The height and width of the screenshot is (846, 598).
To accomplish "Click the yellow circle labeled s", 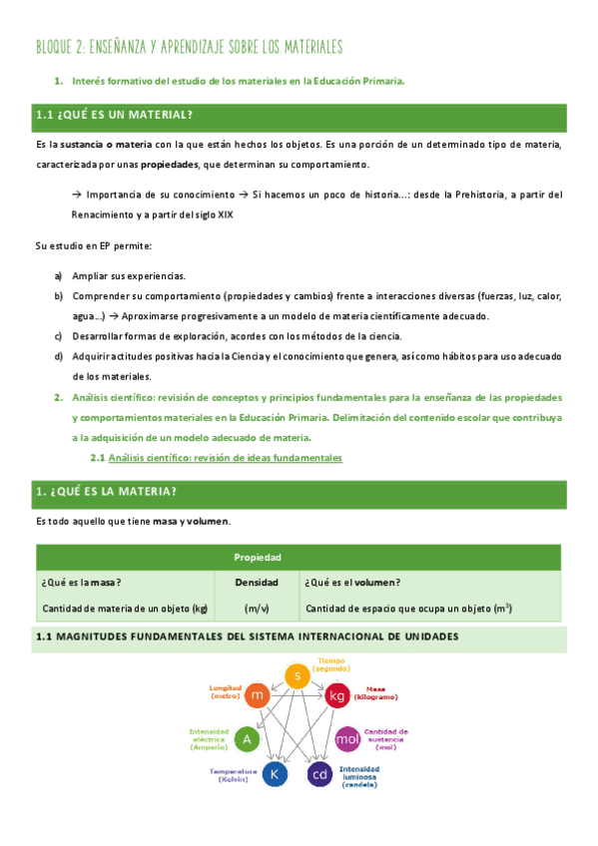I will click(297, 676).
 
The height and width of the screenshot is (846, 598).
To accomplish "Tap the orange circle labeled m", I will click(257, 694).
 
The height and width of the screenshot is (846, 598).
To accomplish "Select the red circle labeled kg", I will click(336, 694).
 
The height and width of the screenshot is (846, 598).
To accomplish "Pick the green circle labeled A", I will click(247, 739).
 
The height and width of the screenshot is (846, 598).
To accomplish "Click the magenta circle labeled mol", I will click(346, 739).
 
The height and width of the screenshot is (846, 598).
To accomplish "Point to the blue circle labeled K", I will click(275, 774).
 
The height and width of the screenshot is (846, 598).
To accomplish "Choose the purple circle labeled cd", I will click(319, 774).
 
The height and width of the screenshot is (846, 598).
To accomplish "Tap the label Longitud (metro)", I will click(225, 691).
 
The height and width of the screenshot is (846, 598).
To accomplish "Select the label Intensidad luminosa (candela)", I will click(359, 777).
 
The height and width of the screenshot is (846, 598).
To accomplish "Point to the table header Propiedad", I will click(257, 558).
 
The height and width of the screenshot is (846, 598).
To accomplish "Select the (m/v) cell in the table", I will click(257, 608).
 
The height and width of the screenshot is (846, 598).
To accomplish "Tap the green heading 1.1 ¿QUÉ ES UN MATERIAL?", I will click(115, 116).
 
